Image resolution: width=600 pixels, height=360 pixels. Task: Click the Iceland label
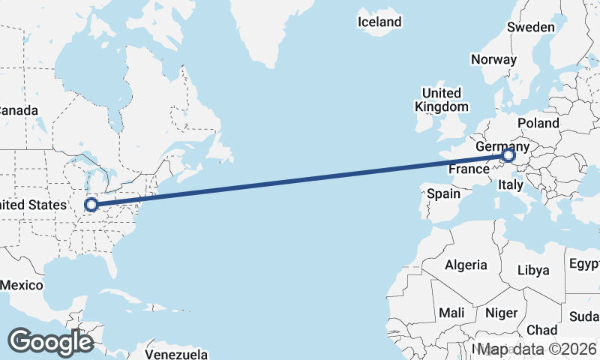pyautogui.click(x=380, y=22)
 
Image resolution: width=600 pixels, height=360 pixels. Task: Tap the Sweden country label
pyautogui.click(x=531, y=28)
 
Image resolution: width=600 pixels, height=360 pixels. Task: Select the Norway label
pyautogui.click(x=493, y=59)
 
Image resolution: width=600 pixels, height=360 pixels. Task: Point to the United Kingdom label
pyautogui.click(x=441, y=100)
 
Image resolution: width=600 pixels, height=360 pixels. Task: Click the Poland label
pyautogui.click(x=538, y=123)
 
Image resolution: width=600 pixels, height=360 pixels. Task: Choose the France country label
pyautogui.click(x=469, y=169)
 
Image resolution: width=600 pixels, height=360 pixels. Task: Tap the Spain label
pyautogui.click(x=443, y=193)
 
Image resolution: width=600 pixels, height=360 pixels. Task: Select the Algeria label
pyautogui.click(x=466, y=265)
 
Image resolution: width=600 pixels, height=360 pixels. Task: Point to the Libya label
pyautogui.click(x=533, y=270)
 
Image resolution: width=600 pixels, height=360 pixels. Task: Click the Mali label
pyautogui.click(x=452, y=312)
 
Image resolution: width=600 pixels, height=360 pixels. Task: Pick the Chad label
pyautogui.click(x=541, y=330)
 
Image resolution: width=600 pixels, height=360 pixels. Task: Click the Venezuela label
pyautogui.click(x=176, y=353)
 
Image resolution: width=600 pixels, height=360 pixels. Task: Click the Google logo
pyautogui.click(x=50, y=342)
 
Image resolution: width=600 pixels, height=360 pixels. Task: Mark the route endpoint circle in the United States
pyautogui.click(x=91, y=204)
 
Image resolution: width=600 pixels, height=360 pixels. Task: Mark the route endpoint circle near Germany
pyautogui.click(x=508, y=156)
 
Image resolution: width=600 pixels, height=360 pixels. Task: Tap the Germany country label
pyautogui.click(x=502, y=146)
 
